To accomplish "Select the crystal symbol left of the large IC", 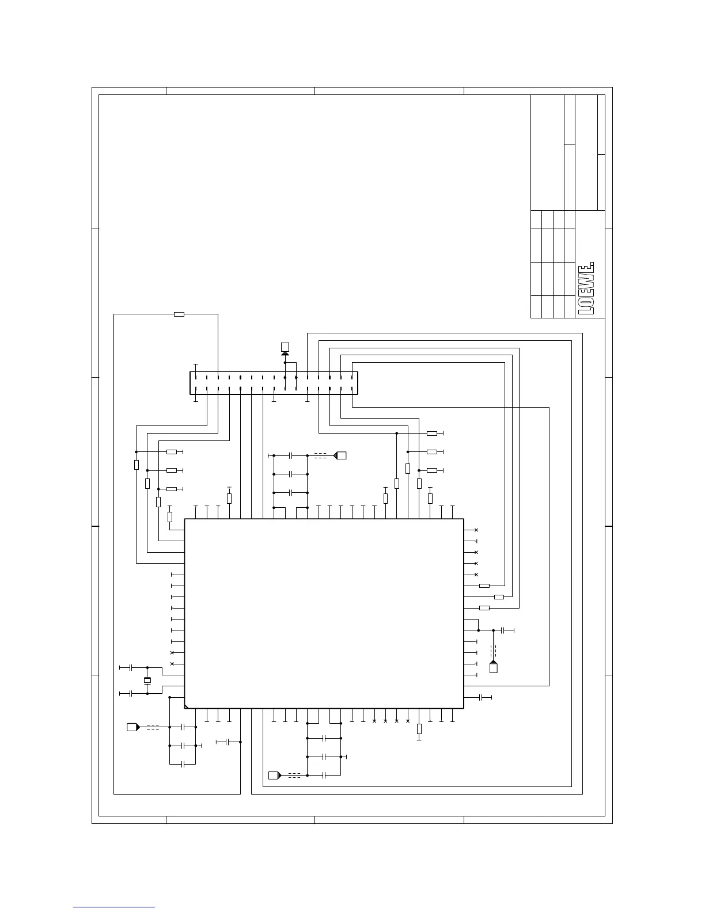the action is coord(147,681).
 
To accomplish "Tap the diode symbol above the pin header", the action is coord(285,354).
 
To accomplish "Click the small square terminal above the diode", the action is coord(285,347).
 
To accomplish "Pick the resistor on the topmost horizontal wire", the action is coord(179,314).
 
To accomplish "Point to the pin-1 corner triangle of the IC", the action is coord(187,707).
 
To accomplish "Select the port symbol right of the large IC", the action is coord(494,667).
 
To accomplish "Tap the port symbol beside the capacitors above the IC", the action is coord(340,455).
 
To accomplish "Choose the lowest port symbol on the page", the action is coord(275,776).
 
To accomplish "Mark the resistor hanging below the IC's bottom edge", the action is coord(419,729).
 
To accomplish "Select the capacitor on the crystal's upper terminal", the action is coord(131,667).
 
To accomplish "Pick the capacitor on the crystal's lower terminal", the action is coord(131,694).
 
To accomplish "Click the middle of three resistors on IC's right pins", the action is coord(499,597).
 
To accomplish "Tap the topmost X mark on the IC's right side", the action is coord(476,530).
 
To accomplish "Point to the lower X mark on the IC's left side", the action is coord(172,664).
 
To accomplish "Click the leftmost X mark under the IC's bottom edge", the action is coord(374,721).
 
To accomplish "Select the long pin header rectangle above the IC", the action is coord(274,383).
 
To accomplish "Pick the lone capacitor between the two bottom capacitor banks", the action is coord(228,742).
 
